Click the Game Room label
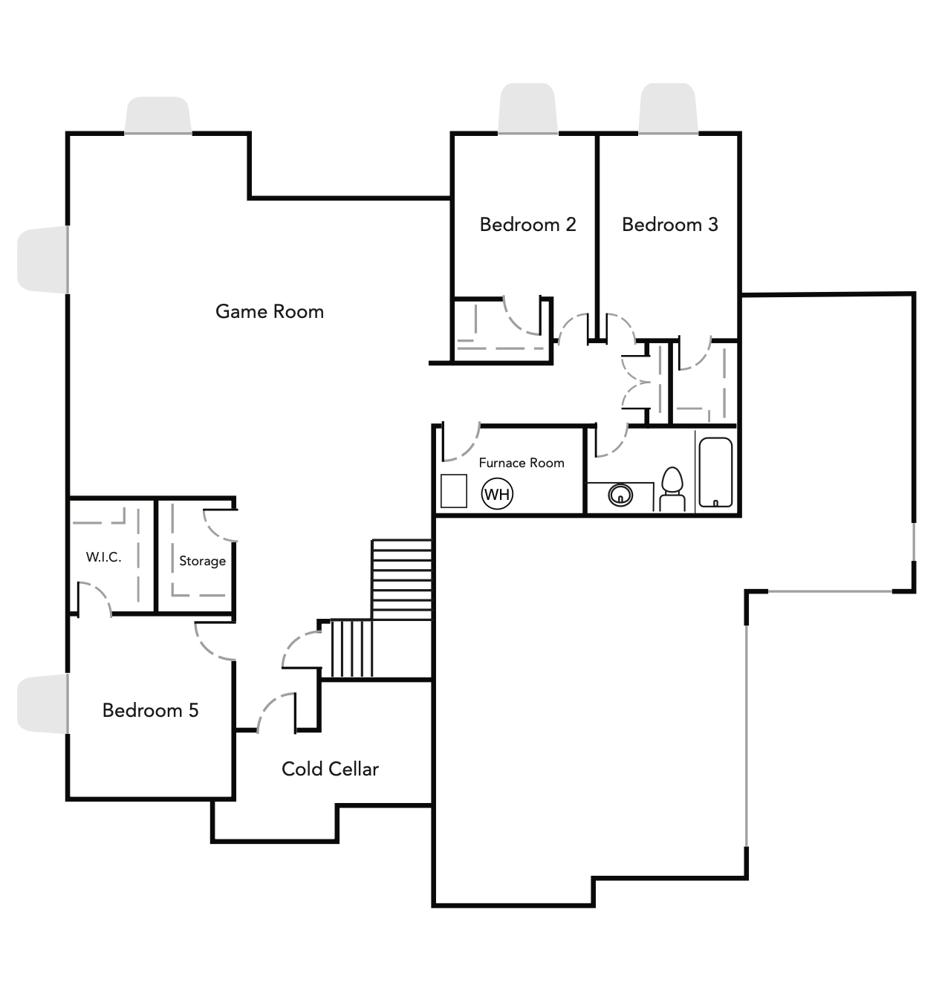coord(270,311)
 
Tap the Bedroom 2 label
coord(527,224)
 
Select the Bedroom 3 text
coord(669,224)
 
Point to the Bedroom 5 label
coord(150,710)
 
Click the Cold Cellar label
coord(330,769)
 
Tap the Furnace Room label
coord(521,463)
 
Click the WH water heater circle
coord(497,494)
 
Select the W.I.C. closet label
coord(103,557)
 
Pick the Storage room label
coord(202,561)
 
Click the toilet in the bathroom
coord(672,490)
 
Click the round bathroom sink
coord(620,494)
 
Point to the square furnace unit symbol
coord(453,491)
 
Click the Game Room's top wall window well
coord(157,115)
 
